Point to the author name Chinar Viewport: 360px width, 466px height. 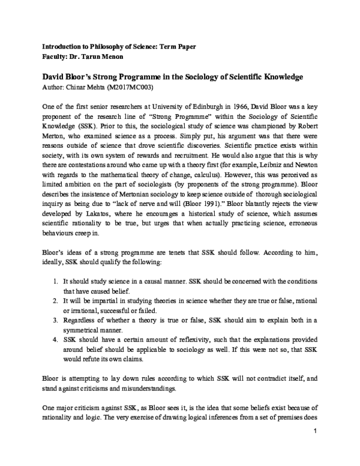tap(73, 88)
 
